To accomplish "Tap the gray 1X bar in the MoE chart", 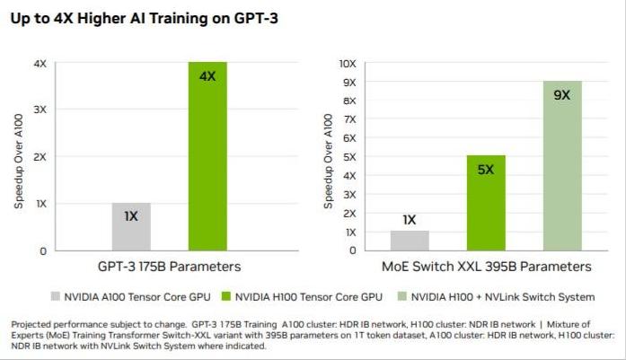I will [410, 240].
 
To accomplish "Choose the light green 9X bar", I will [562, 165].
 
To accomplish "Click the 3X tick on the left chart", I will [40, 110].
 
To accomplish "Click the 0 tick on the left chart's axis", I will [43, 250].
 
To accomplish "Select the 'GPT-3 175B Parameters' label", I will [170, 267].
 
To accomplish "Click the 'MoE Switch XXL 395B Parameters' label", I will [486, 267].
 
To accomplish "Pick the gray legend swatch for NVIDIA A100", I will [55, 296].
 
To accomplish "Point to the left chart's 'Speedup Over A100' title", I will [19, 157].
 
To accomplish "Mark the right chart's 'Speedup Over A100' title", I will [328, 157].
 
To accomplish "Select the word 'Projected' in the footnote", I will [32, 323].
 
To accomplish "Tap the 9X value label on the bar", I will [562, 94].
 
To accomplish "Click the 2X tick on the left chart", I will [40, 156].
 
